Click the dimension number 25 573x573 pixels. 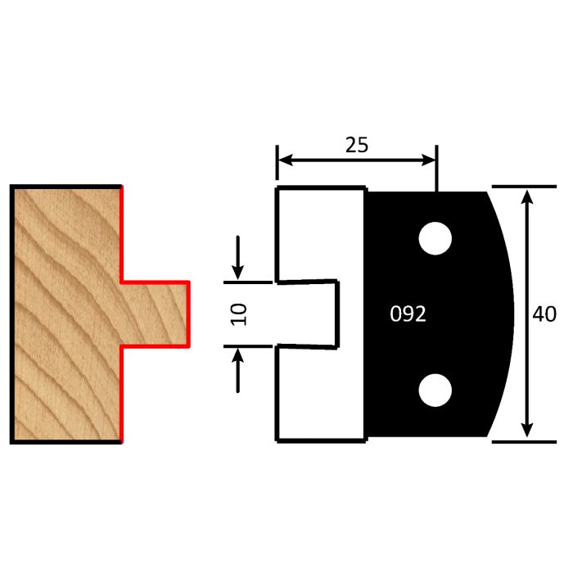[x=356, y=145]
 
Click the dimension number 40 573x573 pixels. [x=544, y=314]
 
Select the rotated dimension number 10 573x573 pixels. [x=238, y=314]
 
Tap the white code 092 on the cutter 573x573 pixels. [x=408, y=314]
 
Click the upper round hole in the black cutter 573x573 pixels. [x=435, y=238]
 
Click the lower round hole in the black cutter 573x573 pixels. [x=435, y=390]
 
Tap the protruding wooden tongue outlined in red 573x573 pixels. [x=156, y=314]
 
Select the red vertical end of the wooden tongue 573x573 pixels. [x=189, y=314]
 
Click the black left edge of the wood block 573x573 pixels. [x=11, y=314]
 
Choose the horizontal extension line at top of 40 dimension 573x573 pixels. [x=524, y=187]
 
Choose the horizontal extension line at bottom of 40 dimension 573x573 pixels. [x=524, y=441]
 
